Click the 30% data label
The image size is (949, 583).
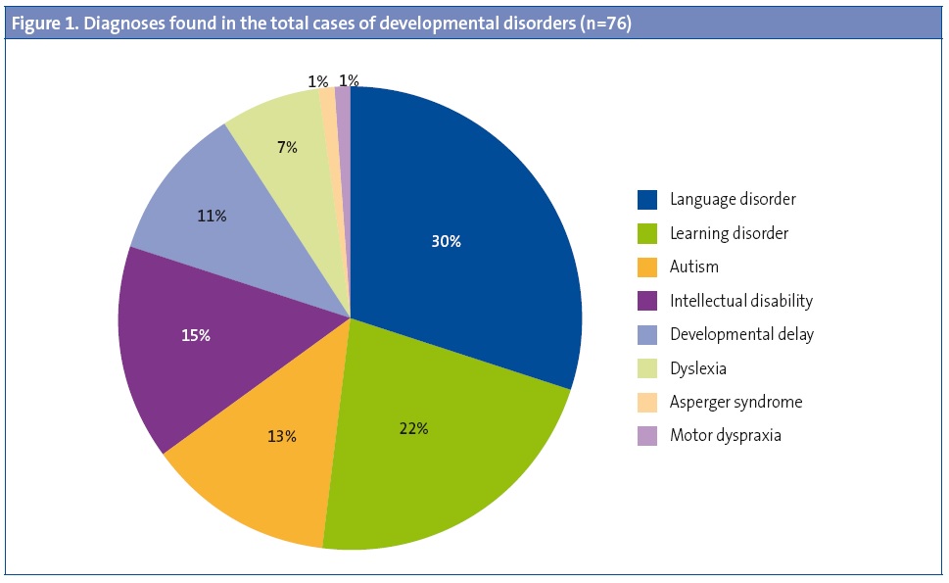pos(446,241)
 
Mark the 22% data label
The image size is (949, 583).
pos(413,428)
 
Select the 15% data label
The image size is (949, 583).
pos(196,335)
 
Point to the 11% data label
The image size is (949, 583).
pos(212,216)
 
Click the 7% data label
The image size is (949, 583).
pos(287,148)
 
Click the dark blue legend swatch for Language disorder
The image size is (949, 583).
pos(647,200)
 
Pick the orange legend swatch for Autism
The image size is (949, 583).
pos(647,267)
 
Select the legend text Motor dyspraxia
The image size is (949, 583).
pos(726,435)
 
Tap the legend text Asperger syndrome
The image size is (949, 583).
pos(735,402)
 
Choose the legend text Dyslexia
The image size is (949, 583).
pos(698,368)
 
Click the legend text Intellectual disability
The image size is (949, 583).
pos(741,301)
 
